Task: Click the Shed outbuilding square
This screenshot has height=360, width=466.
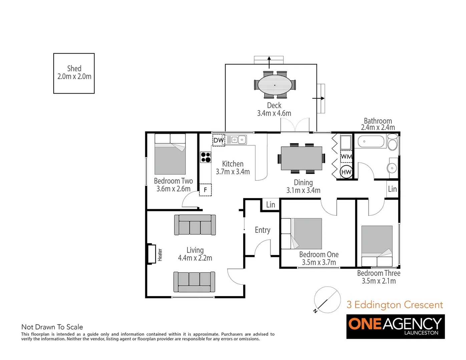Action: pyautogui.click(x=74, y=73)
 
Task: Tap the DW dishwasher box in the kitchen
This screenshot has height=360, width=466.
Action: pyautogui.click(x=219, y=140)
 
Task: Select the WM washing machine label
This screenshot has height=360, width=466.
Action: pyautogui.click(x=346, y=156)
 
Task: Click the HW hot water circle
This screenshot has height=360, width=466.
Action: pyautogui.click(x=346, y=172)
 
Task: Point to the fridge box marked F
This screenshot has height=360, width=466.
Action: pyautogui.click(x=205, y=190)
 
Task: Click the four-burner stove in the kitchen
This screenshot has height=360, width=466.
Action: pyautogui.click(x=205, y=157)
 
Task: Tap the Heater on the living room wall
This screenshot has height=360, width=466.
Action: pyautogui.click(x=152, y=254)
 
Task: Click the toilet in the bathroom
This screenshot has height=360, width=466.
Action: pyautogui.click(x=393, y=143)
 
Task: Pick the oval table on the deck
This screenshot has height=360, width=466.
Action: pyautogui.click(x=275, y=85)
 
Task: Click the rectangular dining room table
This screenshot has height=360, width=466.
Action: pyautogui.click(x=302, y=158)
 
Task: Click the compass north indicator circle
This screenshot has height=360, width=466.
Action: pyautogui.click(x=327, y=300)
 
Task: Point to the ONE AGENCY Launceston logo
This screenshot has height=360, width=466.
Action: pyautogui.click(x=395, y=326)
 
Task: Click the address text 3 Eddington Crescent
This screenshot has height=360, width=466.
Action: pyautogui.click(x=395, y=305)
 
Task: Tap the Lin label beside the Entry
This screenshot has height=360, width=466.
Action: pyautogui.click(x=271, y=205)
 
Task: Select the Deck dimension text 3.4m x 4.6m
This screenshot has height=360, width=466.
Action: pyautogui.click(x=274, y=113)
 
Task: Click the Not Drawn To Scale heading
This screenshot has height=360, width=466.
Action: pyautogui.click(x=52, y=327)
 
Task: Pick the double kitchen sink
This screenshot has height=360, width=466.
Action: pyautogui.click(x=239, y=140)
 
